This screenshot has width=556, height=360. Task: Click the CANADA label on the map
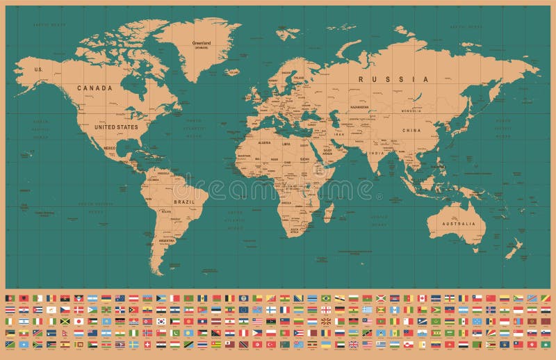[95, 88]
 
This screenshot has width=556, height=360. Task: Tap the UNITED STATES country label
[116, 127]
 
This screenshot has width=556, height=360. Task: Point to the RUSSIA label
[393, 79]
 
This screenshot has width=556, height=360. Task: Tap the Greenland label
[201, 42]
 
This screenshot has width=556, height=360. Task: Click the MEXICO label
[109, 148]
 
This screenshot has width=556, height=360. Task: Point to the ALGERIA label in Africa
[264, 142]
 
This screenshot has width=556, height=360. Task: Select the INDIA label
[376, 153]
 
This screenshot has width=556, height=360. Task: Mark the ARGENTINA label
[166, 240]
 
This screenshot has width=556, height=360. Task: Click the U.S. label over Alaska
[39, 69]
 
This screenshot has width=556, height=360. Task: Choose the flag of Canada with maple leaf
[423, 298]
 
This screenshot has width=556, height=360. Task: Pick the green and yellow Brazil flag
[325, 298]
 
